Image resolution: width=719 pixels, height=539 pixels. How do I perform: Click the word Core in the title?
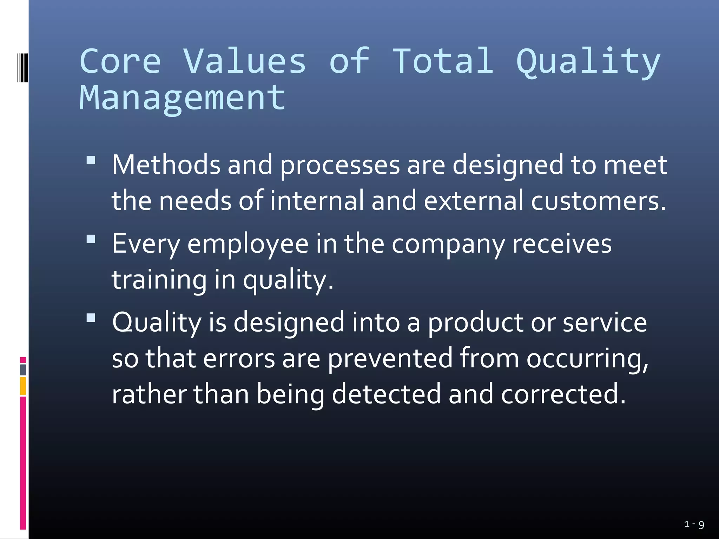click(x=120, y=62)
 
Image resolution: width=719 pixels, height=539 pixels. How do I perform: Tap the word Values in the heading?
click(x=245, y=62)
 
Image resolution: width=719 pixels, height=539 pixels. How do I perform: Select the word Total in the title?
click(x=443, y=62)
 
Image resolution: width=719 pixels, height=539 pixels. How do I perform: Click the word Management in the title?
click(x=183, y=99)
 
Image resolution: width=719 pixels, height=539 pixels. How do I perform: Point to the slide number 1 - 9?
click(x=694, y=525)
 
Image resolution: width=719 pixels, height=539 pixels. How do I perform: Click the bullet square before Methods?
click(x=91, y=160)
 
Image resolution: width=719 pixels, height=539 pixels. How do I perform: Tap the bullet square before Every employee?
click(x=91, y=239)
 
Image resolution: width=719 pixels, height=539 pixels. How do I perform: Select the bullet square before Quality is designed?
click(x=91, y=318)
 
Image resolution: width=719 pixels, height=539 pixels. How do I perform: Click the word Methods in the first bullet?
click(x=166, y=165)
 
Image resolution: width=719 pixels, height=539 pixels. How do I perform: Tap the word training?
click(x=159, y=280)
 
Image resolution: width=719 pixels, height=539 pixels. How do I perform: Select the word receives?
click(x=562, y=244)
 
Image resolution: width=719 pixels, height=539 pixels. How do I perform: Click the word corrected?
click(x=563, y=394)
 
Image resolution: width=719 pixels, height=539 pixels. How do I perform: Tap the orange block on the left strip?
click(x=23, y=386)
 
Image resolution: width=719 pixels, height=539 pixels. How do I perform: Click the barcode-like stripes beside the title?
click(x=22, y=68)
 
